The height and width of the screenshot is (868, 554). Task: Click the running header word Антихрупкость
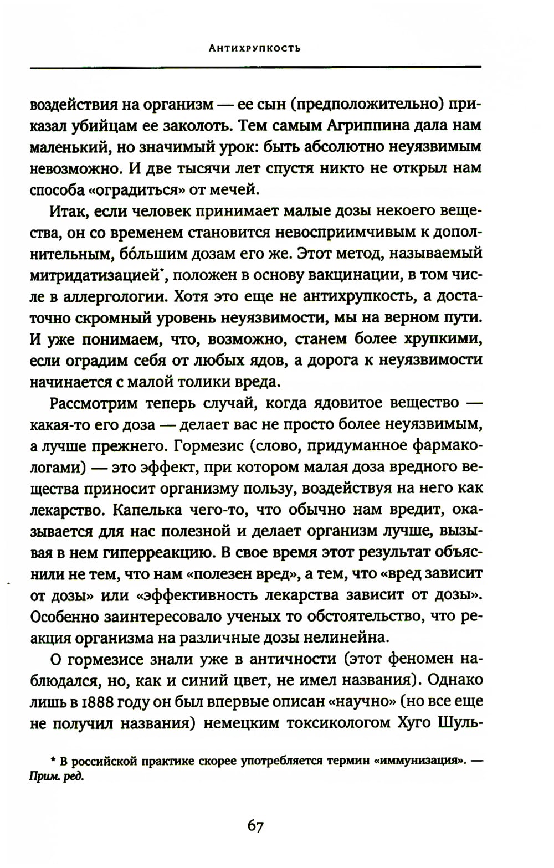255,48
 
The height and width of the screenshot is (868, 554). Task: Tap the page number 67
255,826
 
